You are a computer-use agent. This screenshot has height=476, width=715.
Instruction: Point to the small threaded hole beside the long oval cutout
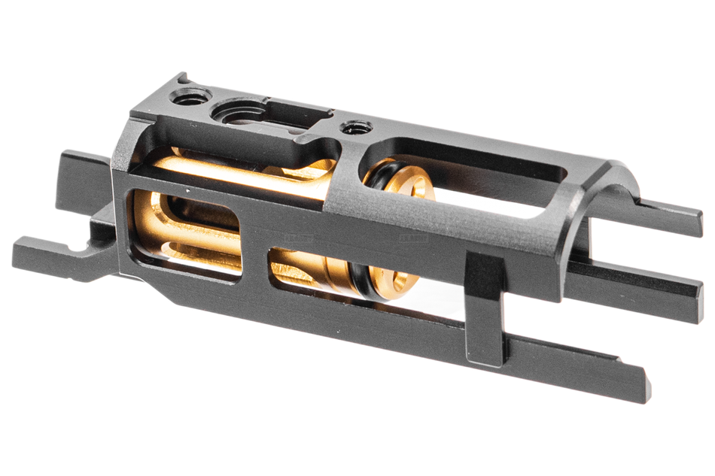(352, 129)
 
